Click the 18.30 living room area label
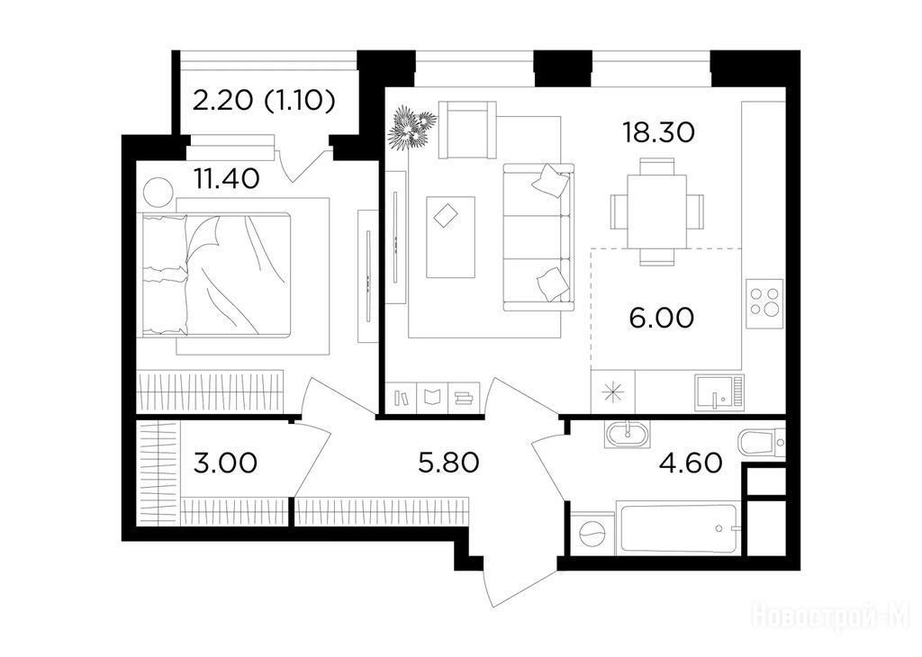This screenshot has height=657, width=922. click(x=658, y=133)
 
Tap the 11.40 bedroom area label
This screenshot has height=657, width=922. click(x=227, y=178)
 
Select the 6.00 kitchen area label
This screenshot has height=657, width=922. click(x=662, y=318)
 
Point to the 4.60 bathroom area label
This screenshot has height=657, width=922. click(x=691, y=463)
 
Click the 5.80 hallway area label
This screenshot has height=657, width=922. click(x=448, y=463)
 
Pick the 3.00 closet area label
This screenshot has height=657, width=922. click(x=225, y=463)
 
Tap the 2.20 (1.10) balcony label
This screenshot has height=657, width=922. click(x=264, y=102)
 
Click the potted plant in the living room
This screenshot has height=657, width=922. click(x=411, y=126)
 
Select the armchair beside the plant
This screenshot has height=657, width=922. click(x=467, y=130)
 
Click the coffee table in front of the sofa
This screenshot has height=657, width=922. click(x=450, y=238)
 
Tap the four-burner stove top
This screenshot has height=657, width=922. click(x=764, y=303)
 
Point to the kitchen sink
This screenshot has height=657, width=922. click(x=719, y=392)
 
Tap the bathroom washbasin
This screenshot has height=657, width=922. click(x=627, y=436)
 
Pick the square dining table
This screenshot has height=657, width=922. click(x=656, y=211)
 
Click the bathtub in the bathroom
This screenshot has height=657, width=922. click(x=676, y=528)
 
